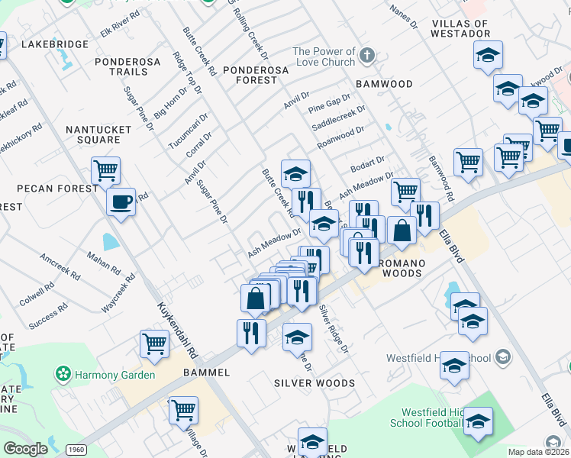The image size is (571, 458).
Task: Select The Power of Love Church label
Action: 324,57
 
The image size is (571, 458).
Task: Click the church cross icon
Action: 367,56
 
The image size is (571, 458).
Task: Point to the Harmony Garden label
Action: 115,375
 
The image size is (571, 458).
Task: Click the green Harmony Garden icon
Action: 64,375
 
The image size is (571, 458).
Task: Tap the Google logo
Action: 25,450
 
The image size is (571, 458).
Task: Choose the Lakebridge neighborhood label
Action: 55,44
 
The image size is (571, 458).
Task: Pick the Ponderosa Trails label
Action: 121,66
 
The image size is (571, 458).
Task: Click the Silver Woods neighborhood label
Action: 315,383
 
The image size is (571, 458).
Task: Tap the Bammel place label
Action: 206,373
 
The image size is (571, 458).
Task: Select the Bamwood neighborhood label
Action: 384,84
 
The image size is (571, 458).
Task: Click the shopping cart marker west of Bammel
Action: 154,344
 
